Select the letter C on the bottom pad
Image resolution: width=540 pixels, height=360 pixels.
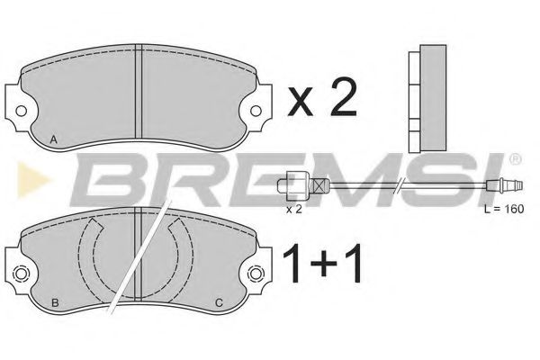click(x=220, y=301)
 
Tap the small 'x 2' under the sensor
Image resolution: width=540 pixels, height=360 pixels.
click(x=293, y=209)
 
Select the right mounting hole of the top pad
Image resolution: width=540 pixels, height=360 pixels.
click(x=256, y=112)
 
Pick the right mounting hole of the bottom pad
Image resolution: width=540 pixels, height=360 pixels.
click(x=256, y=274)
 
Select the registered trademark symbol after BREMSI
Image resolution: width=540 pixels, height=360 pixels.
click(x=514, y=159)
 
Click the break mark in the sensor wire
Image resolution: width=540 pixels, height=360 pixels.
click(x=401, y=186)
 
